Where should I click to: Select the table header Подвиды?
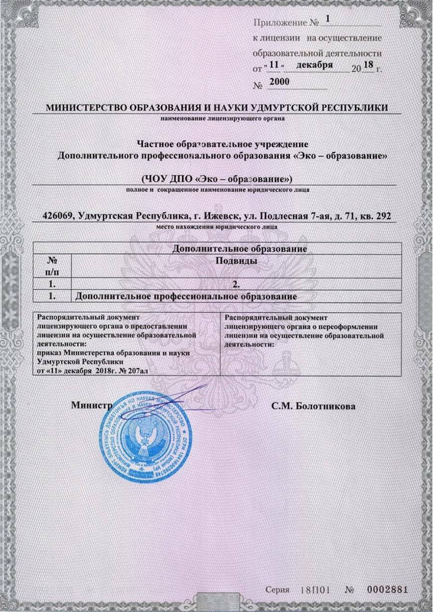pos(235,261)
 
